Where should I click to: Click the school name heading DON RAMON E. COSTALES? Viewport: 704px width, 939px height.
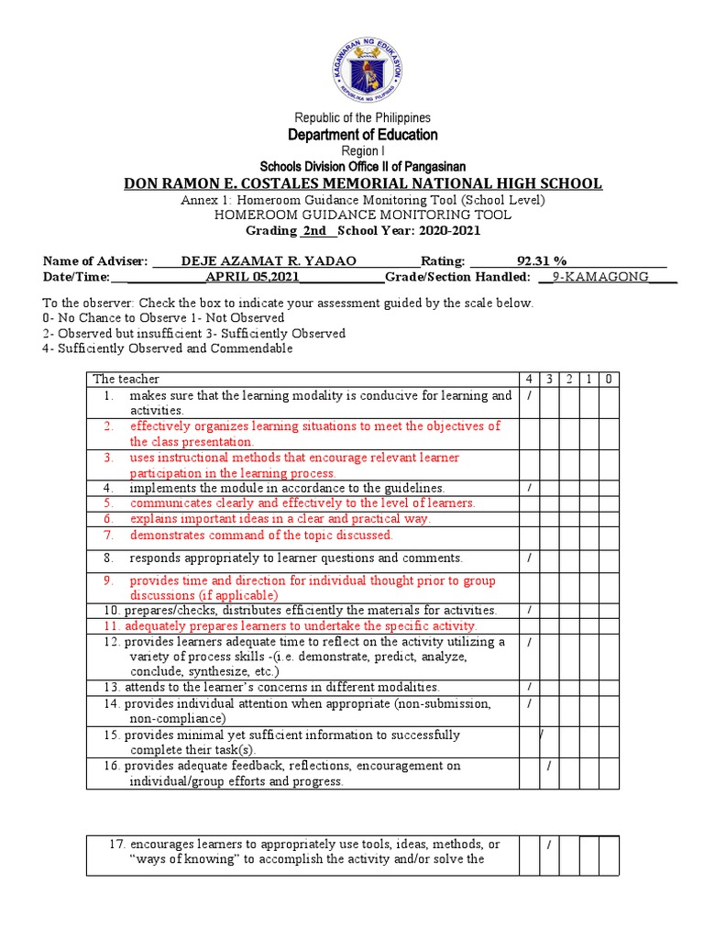363,183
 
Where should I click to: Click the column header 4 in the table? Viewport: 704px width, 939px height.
529,379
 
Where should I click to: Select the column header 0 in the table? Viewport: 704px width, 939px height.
610,379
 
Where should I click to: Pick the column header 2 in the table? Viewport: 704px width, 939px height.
569,379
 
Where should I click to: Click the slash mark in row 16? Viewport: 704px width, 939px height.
548,766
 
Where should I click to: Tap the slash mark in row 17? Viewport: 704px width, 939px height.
548,845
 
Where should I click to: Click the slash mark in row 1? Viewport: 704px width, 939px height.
529,395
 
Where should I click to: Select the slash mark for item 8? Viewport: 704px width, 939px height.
529,557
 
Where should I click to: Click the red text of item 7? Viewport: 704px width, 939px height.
260,535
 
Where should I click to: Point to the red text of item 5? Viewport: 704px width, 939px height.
302,503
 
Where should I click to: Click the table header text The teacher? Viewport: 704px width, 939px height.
126,379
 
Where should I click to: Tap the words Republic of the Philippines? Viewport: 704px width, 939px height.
361,117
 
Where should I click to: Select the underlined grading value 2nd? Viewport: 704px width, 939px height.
314,230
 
